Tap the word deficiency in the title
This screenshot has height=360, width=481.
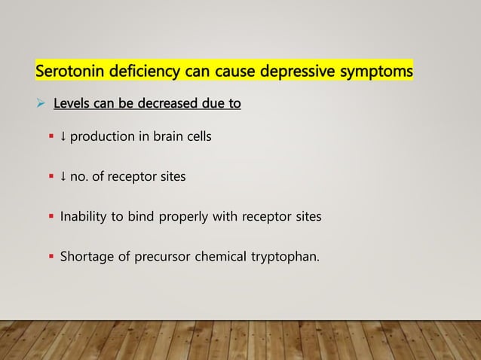[140, 72]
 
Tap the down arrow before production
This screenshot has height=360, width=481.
[63, 137]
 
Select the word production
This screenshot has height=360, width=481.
[103, 137]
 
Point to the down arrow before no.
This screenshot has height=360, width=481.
[63, 177]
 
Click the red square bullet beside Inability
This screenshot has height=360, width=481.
[51, 218]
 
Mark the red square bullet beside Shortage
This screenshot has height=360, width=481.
[51, 258]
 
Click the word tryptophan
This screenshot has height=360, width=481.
[286, 258]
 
